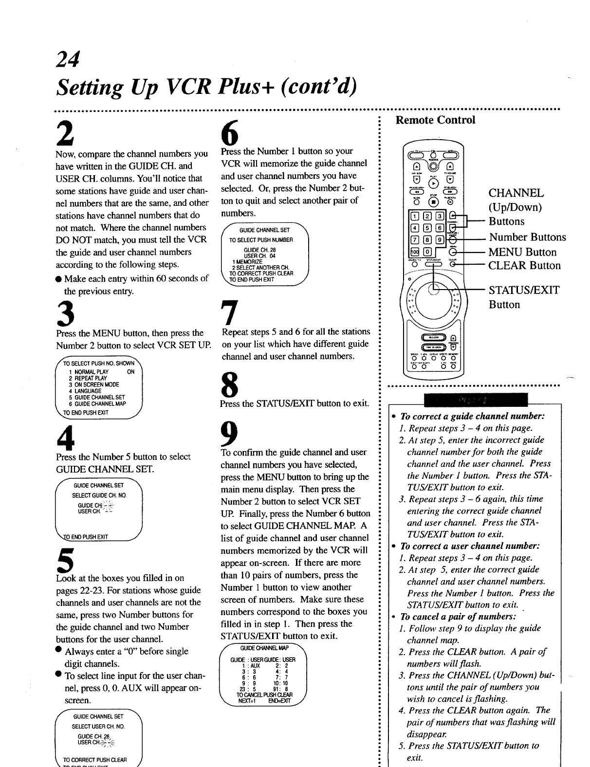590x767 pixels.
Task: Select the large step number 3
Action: [x=66, y=311]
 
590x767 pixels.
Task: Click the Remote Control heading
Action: [x=435, y=120]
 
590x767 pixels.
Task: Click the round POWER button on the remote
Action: [x=431, y=157]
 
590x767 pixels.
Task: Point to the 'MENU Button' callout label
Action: [x=522, y=252]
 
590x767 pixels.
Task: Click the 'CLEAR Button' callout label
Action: [x=524, y=266]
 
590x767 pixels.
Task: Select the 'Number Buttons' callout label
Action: [x=527, y=237]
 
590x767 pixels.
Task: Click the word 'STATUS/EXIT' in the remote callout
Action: [x=524, y=291]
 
